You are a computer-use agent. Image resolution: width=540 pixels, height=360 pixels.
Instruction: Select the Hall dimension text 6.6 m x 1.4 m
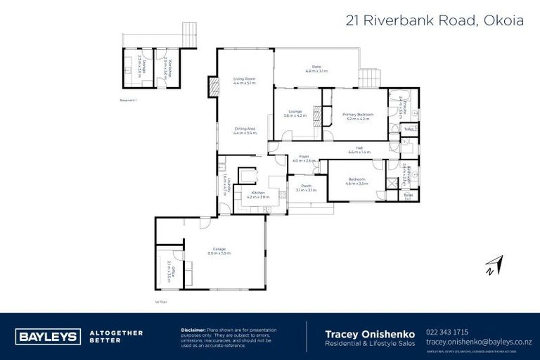coord(359,152)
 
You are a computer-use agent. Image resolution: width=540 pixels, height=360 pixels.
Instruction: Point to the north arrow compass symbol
coord(493,265)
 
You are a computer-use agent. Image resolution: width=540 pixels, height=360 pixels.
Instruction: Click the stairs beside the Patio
coord(366,76)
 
